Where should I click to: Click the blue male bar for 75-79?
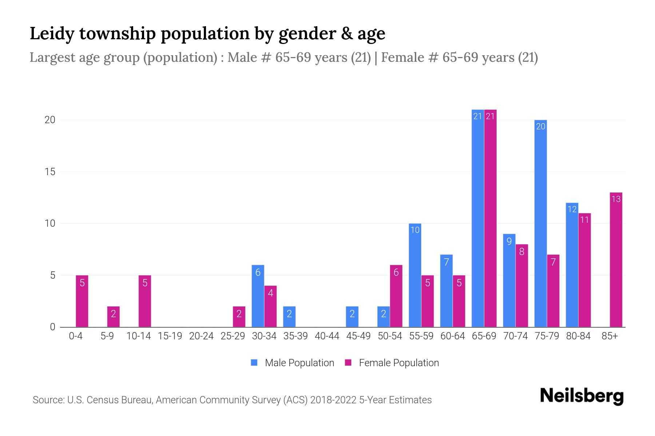click(541, 223)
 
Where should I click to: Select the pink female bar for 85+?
click(616, 260)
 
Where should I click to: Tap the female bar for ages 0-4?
click(82, 301)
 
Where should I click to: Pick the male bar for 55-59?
click(415, 275)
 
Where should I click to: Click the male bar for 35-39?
click(289, 316)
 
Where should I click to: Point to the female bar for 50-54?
click(396, 296)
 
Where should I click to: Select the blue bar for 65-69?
click(478, 218)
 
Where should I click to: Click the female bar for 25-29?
click(239, 316)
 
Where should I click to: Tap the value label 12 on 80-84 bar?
click(572, 209)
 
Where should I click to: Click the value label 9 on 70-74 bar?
click(509, 241)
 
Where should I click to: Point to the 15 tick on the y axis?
click(50, 172)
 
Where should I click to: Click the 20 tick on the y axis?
click(50, 120)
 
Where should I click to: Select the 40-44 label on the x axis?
click(327, 336)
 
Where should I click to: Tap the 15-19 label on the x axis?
click(170, 336)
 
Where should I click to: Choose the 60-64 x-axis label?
click(452, 336)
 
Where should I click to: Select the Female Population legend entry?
click(392, 363)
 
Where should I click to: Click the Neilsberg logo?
click(581, 396)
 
